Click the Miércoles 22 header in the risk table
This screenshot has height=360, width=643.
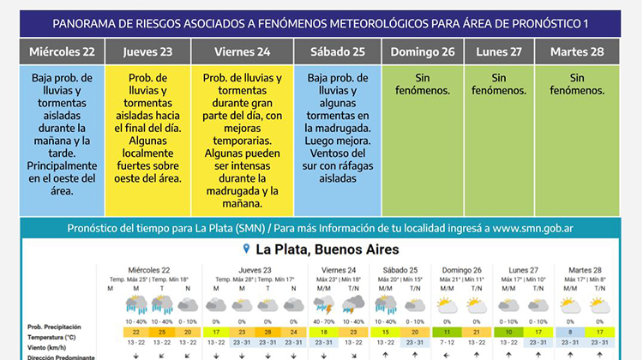pos(63,51)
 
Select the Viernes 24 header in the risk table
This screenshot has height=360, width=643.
pos(242,51)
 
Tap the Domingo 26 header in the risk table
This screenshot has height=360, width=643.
pos(422,51)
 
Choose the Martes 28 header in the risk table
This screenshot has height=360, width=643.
pos(576,51)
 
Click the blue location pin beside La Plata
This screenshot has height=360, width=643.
pos(247,249)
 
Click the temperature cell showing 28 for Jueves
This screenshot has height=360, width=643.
pos(267,332)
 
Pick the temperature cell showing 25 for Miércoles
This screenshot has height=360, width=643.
pos(160,332)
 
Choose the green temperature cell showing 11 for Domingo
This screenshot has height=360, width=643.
pos(447,332)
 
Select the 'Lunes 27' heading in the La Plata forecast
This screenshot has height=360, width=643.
pos(524,269)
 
